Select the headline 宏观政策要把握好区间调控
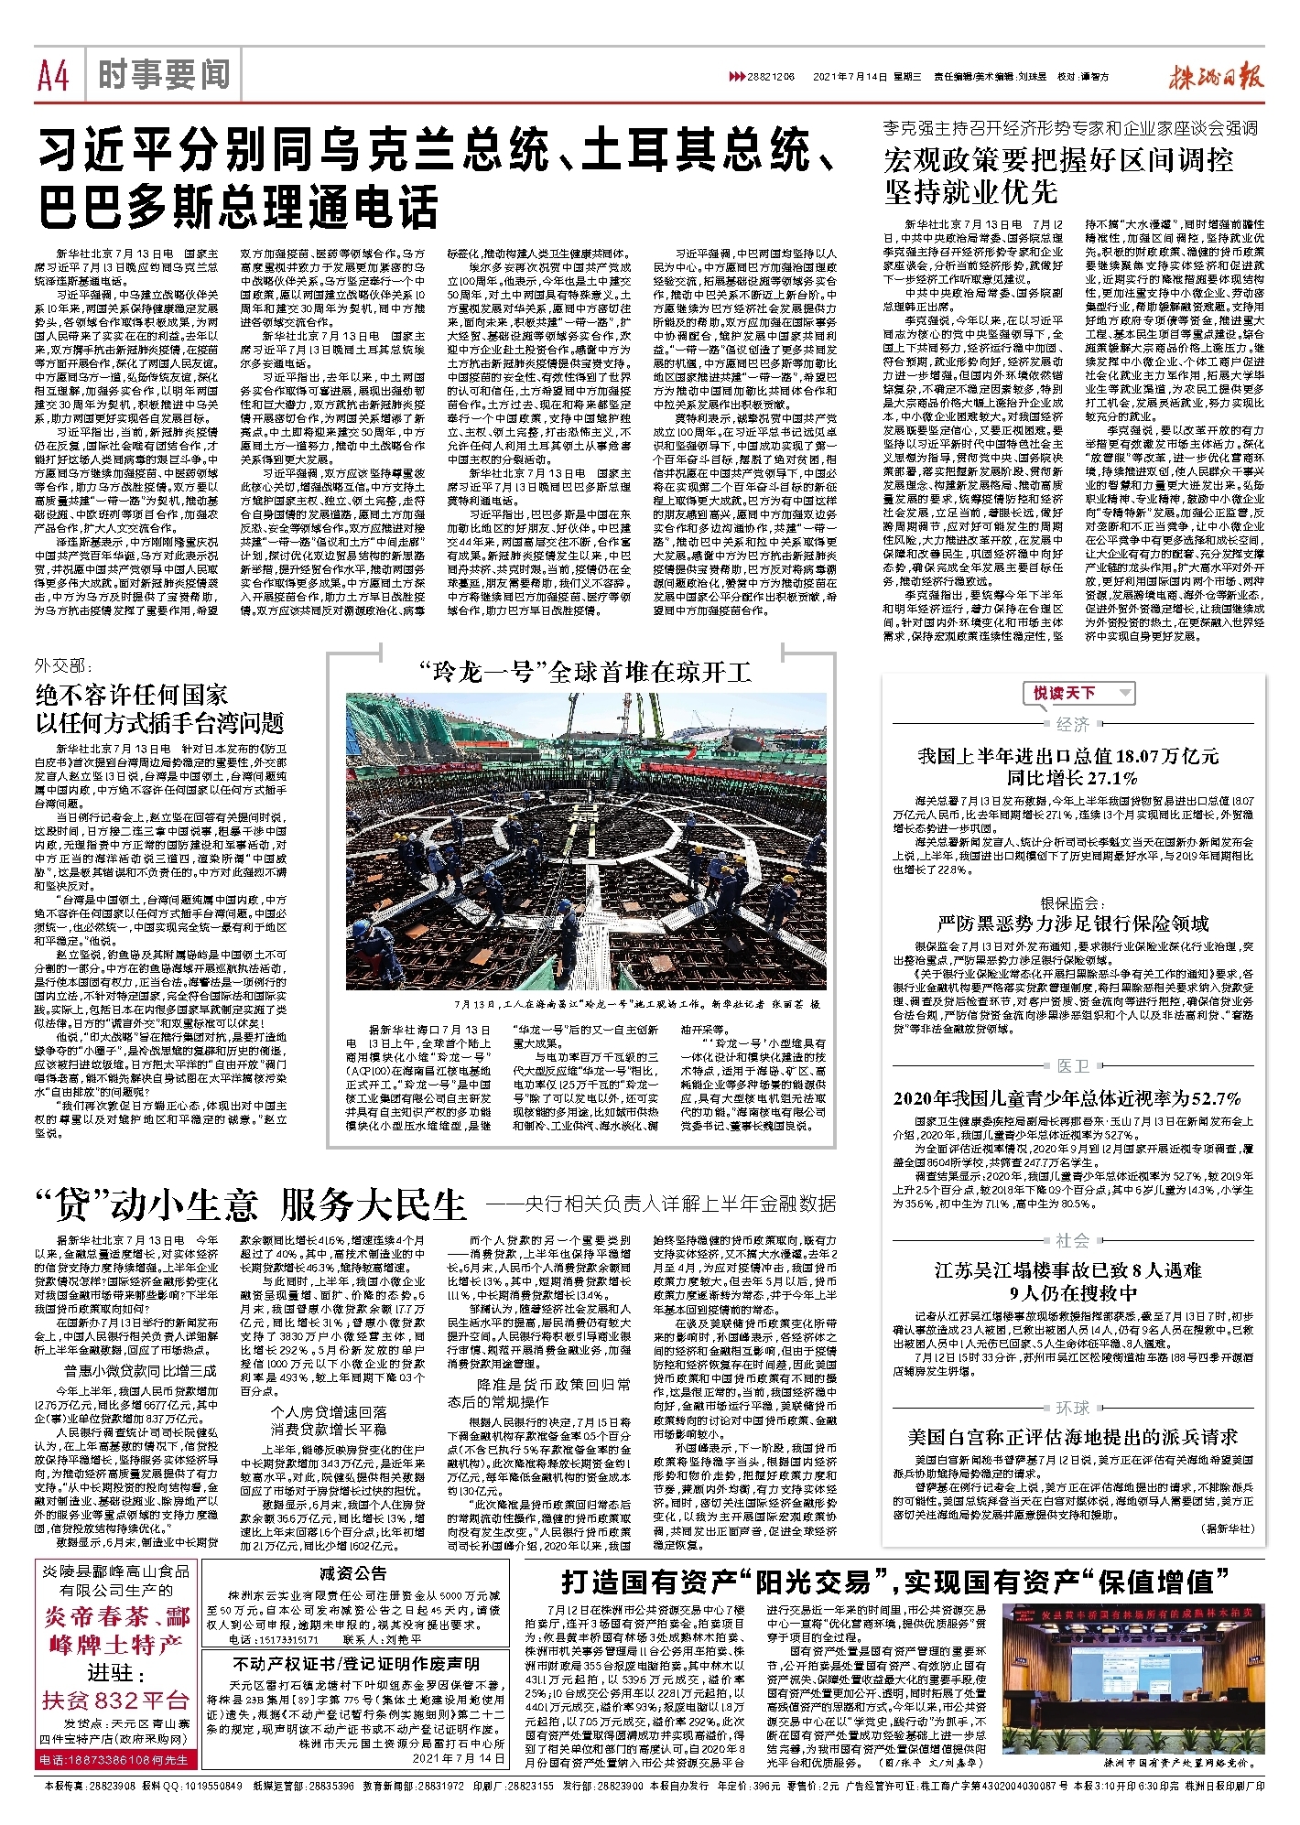coord(1058,160)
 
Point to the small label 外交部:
coord(61,665)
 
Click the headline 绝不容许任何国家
coord(132,694)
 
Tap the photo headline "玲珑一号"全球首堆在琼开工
coord(585,673)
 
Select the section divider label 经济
coord(1072,725)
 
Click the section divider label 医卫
coord(1072,1066)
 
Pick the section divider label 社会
coord(1072,1240)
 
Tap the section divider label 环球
coord(1072,1408)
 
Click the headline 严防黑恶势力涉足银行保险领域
coord(1072,923)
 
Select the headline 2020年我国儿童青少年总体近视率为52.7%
coord(1067,1098)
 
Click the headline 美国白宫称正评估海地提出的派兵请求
coord(1072,1437)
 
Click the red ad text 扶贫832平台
coord(115,1701)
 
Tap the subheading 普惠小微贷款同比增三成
coord(140,1371)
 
